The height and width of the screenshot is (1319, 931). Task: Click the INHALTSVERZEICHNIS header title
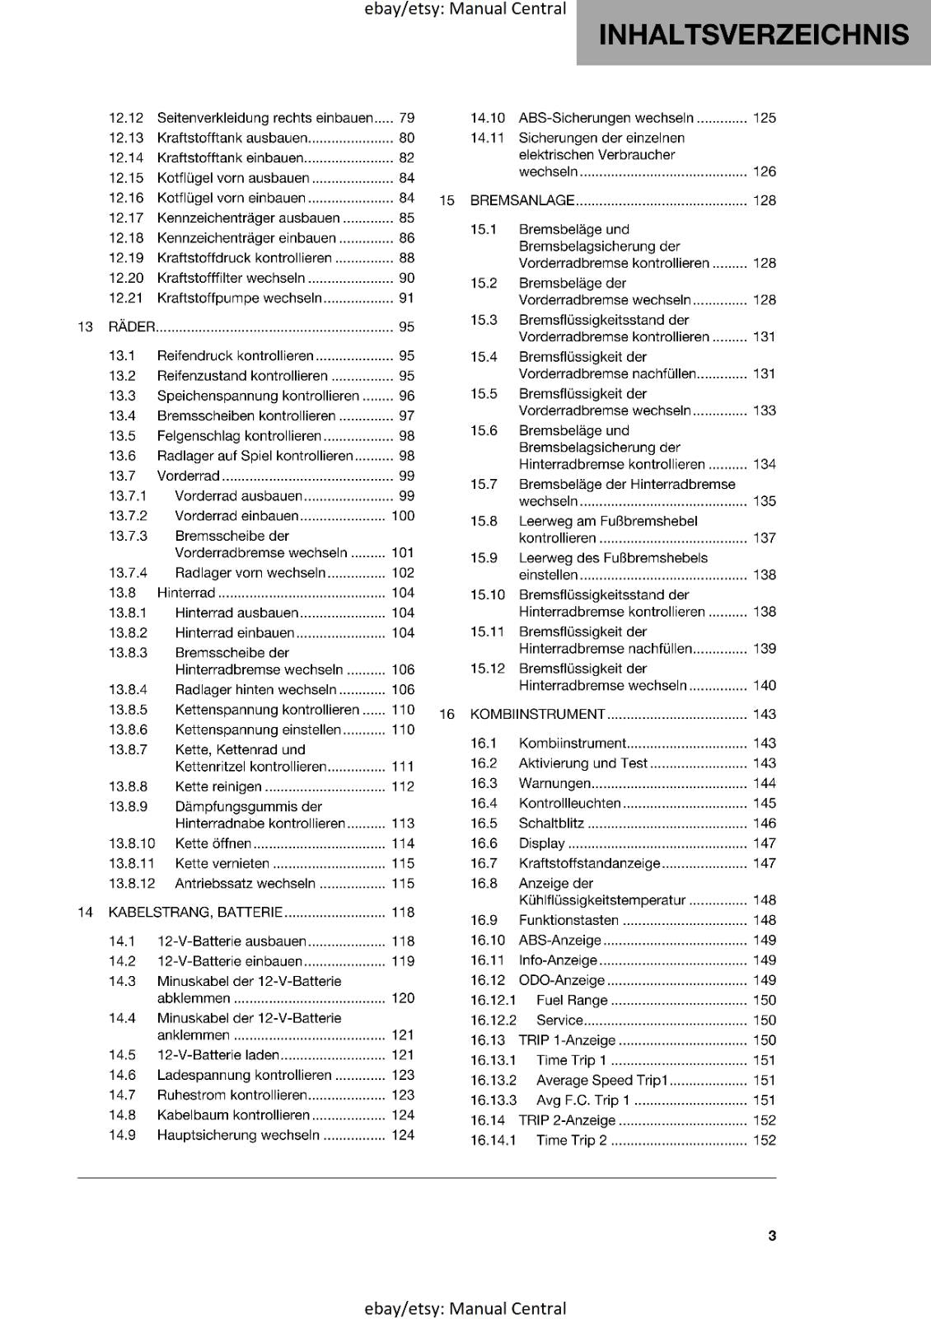coord(754,35)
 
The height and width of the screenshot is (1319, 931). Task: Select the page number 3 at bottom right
coord(772,1236)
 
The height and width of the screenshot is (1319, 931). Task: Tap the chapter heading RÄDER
coord(132,327)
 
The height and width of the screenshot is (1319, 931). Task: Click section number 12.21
coord(126,298)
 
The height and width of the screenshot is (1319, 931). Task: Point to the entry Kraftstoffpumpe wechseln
coord(239,298)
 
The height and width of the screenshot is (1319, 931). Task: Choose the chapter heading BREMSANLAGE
coord(522,200)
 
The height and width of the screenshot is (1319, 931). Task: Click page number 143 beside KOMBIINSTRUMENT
coord(764,715)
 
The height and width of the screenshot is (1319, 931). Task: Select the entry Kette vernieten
coord(222,864)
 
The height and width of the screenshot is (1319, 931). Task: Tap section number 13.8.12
coord(132,884)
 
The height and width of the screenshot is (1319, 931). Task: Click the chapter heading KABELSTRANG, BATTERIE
coord(195,913)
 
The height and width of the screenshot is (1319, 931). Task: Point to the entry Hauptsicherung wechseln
coord(238,1135)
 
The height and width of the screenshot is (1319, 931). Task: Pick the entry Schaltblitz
coord(551,824)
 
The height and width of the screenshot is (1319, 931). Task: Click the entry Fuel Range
coord(572,1000)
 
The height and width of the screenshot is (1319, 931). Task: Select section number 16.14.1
coord(493,1140)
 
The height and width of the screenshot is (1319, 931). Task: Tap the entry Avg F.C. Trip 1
coord(582,1101)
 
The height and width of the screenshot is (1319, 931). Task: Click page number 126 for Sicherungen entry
coord(764,171)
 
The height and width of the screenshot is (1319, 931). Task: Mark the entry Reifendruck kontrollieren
coord(235,356)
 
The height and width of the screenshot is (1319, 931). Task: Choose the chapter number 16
coord(447,715)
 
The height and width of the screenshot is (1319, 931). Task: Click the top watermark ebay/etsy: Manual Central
coord(465,9)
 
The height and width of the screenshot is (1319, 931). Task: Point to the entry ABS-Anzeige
coord(559,941)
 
